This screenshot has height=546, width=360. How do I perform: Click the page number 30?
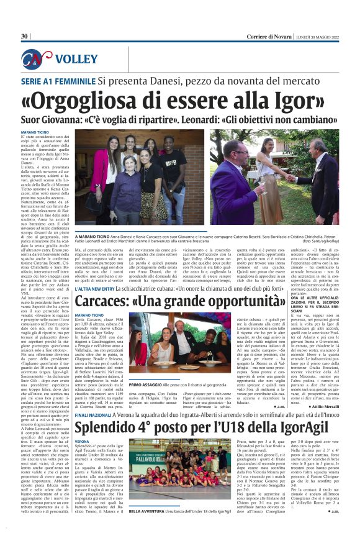point(25,37)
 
